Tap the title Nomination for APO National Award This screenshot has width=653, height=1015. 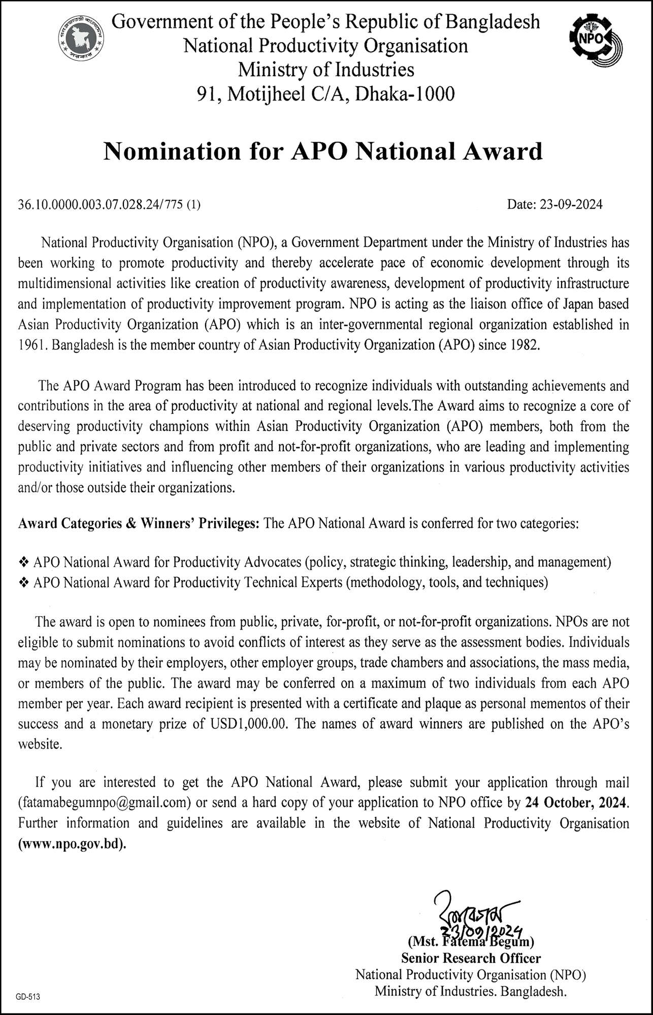[323, 151]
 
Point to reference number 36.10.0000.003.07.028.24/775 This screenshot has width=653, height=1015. [102, 205]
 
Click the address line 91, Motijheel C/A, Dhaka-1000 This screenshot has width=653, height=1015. [325, 93]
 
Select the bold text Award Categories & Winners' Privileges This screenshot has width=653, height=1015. [139, 523]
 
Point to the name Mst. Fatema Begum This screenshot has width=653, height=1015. [471, 941]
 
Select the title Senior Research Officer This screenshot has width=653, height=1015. [471, 958]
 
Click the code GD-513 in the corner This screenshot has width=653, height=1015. [27, 997]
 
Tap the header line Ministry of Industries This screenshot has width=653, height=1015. [325, 70]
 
